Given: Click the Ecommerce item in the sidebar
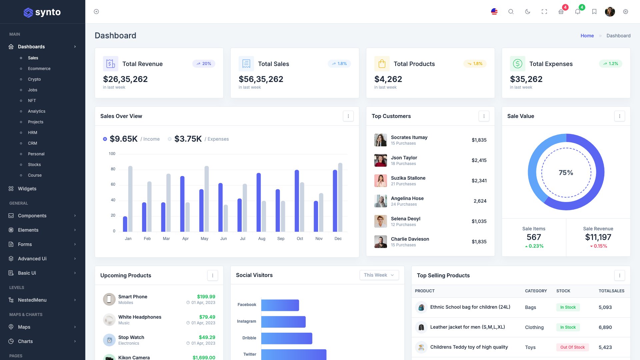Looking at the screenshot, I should (39, 69).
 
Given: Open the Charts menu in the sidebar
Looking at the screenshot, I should (25, 341).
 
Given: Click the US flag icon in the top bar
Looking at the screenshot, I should (494, 12).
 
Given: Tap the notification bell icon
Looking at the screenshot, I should (578, 12).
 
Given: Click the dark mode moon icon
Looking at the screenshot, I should (528, 12).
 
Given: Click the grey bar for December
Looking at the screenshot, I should (340, 197).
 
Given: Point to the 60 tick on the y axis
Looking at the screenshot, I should (113, 184).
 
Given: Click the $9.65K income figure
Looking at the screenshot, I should (123, 139).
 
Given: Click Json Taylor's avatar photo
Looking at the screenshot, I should (380, 160).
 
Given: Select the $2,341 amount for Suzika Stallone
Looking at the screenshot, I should (479, 181).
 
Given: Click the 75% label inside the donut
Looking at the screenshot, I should (566, 173).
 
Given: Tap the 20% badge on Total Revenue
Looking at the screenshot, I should (204, 64).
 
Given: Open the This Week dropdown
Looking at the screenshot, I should (379, 275).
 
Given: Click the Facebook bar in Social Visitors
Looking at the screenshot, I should (280, 305).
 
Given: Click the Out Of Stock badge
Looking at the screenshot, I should (572, 347).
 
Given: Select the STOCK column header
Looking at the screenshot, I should (563, 291).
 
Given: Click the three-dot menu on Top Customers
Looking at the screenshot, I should (484, 116).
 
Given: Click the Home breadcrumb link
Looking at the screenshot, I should (587, 36).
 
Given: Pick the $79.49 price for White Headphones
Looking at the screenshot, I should (207, 317).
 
